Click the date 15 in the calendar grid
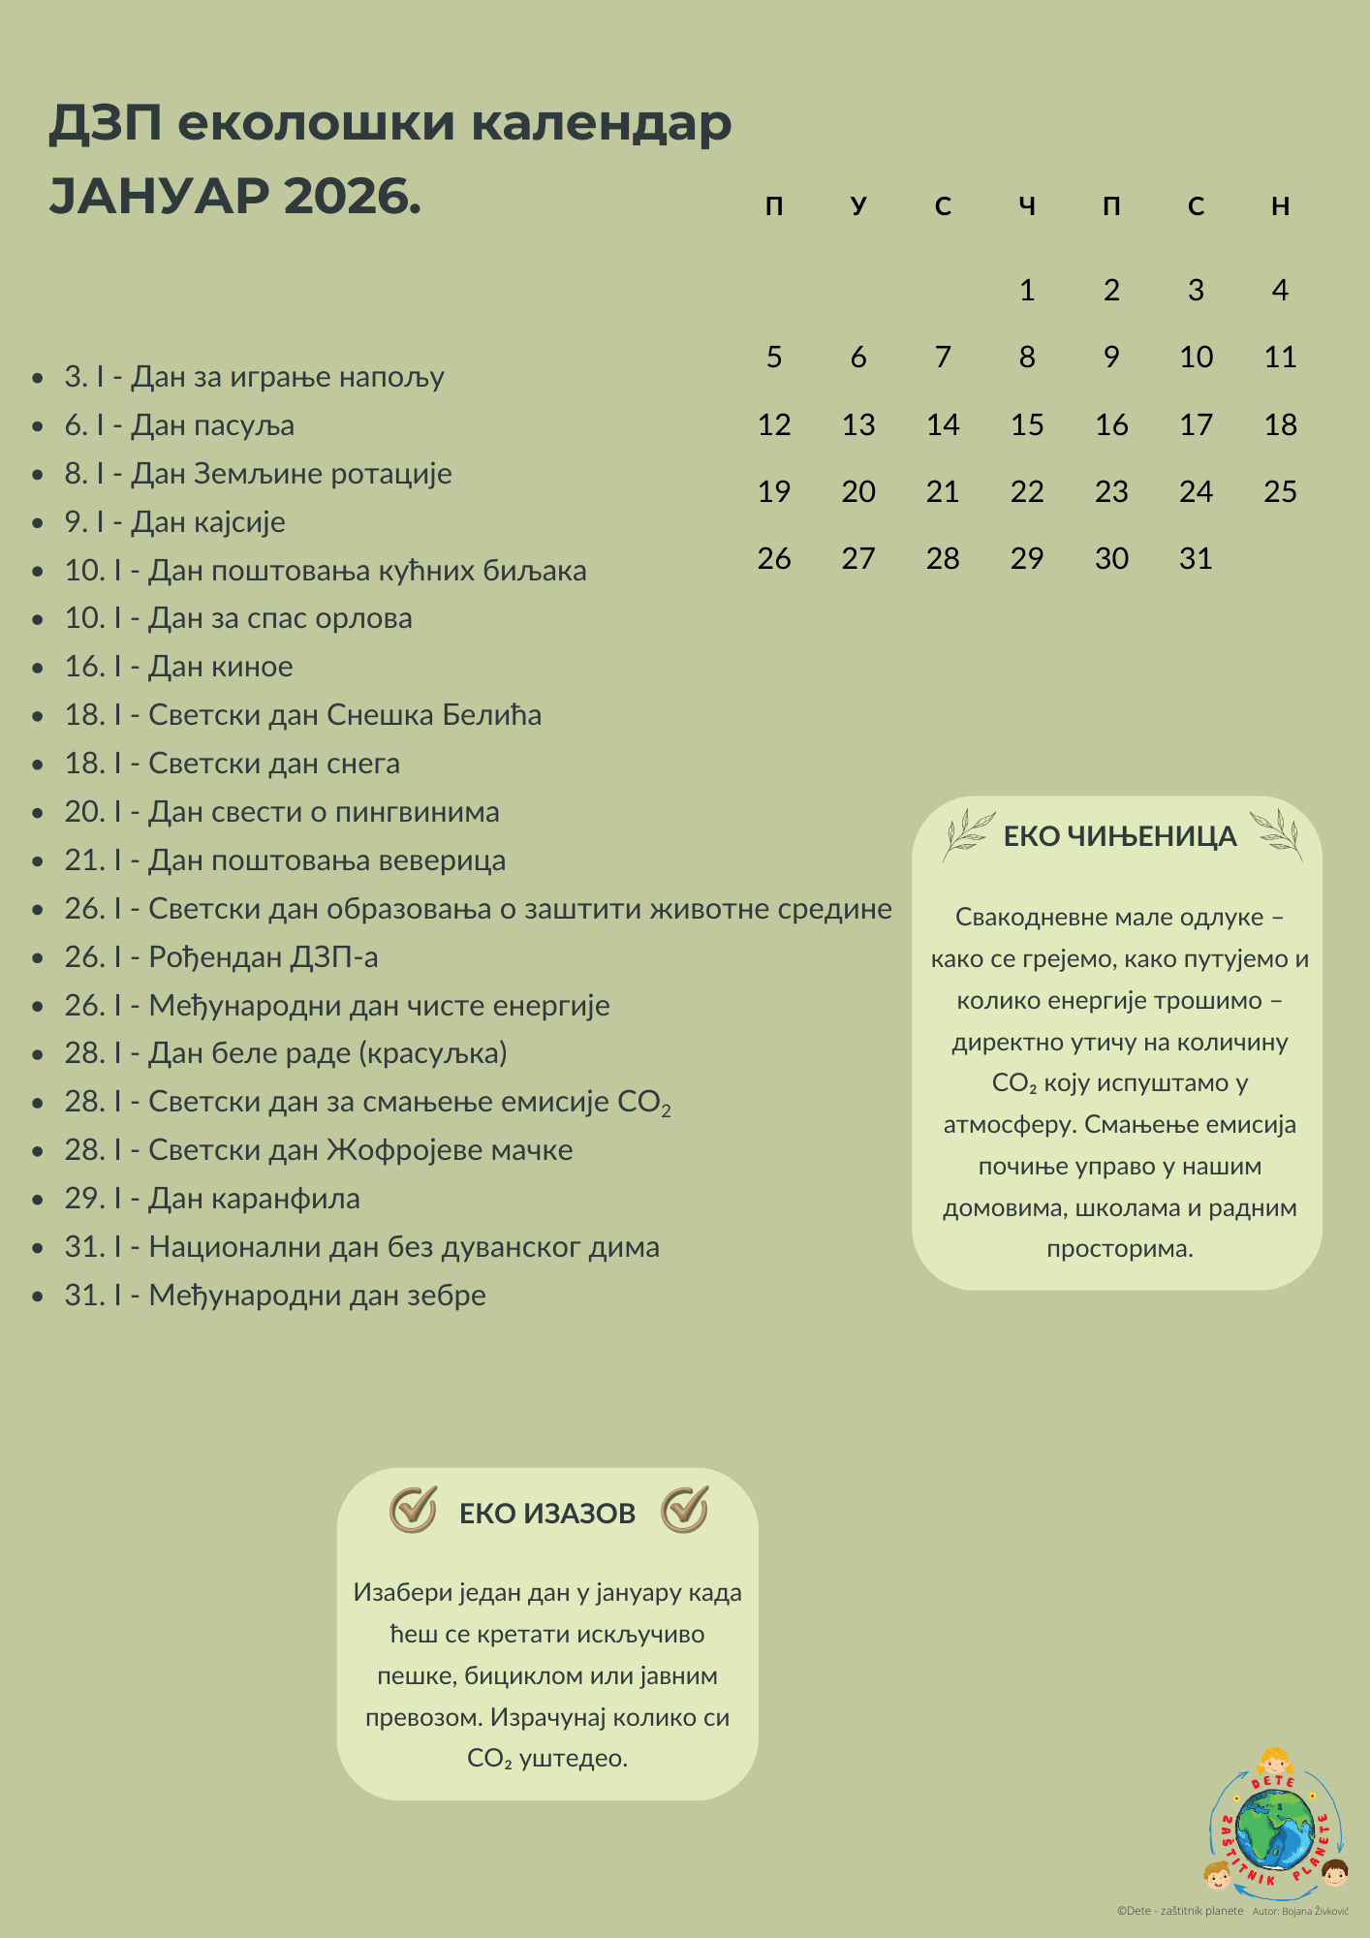[1027, 424]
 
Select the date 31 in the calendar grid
[1196, 558]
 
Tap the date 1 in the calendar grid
[1027, 290]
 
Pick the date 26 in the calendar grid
[774, 558]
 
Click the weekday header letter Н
[1280, 205]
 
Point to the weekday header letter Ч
[1027, 205]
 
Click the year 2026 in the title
[353, 197]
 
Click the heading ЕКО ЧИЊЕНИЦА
[1120, 836]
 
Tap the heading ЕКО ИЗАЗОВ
[547, 1514]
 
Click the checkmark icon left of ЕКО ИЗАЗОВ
[414, 1510]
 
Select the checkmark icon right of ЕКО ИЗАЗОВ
[685, 1510]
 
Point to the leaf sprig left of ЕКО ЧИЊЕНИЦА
[969, 835]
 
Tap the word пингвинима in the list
[418, 812]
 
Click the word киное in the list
[252, 667]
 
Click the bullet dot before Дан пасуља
[38, 426]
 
